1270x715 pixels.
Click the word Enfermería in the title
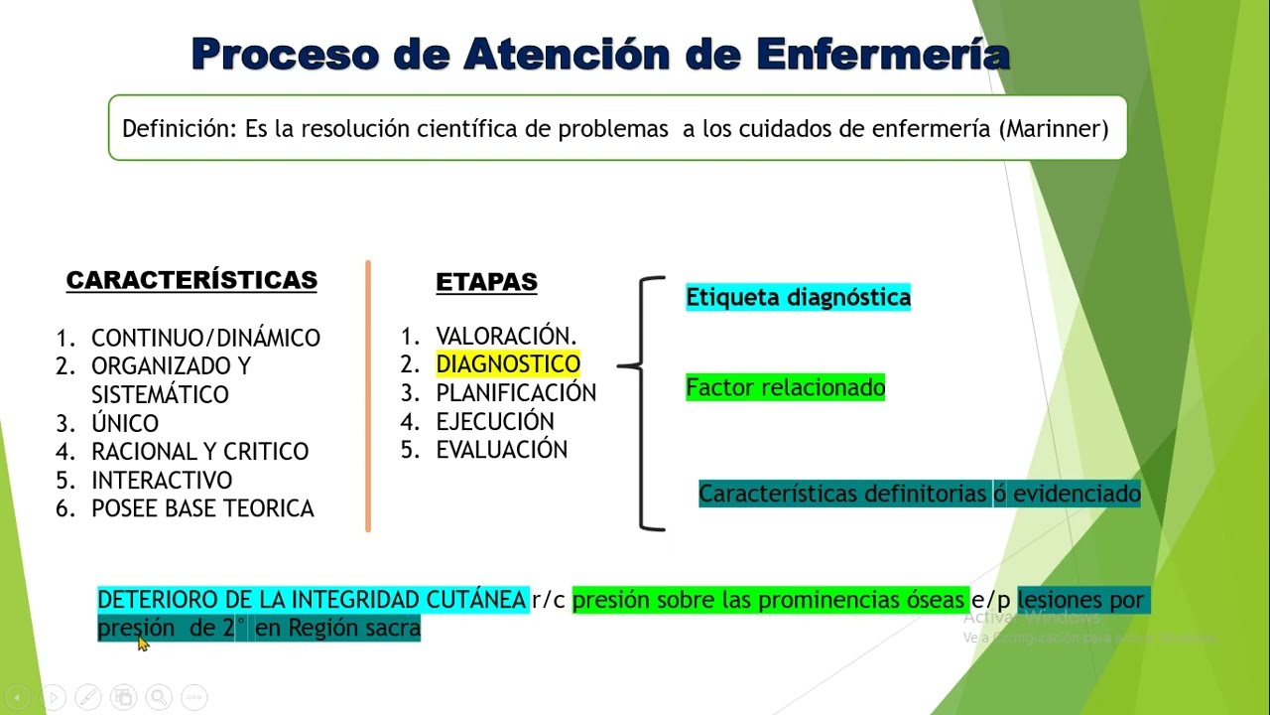882,54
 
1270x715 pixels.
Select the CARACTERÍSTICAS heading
191,280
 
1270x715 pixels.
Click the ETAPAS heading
486,282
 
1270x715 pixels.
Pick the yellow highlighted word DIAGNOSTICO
508,364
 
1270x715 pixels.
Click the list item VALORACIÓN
506,336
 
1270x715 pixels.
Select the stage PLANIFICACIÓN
516,393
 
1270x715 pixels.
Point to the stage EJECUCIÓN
495,421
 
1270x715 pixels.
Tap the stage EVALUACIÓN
502,450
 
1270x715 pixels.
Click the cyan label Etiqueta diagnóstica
798,297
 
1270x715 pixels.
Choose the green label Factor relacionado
785,387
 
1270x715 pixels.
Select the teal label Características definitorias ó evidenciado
920,494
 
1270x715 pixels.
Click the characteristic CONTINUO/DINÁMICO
205,338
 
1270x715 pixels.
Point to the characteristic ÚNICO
125,423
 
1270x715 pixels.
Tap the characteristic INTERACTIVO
162,481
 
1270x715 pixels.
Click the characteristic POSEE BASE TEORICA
202,508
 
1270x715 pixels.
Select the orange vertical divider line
368,397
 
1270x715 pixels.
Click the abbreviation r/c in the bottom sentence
550,600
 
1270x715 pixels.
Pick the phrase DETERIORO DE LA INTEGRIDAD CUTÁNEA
312,600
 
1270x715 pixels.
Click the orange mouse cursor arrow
143,643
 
